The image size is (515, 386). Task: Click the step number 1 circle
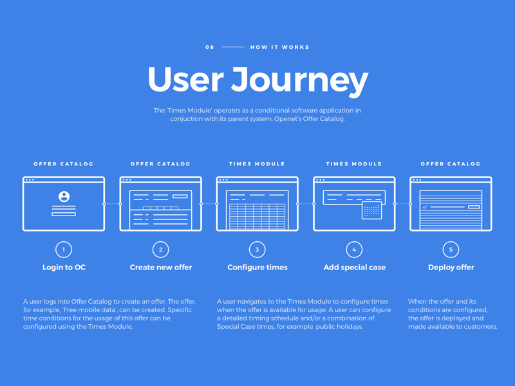[64, 250]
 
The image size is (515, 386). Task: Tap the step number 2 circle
[160, 250]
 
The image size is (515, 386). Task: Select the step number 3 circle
[257, 250]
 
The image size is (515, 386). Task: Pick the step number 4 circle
[354, 250]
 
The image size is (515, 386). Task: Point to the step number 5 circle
[451, 250]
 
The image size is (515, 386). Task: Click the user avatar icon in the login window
[64, 197]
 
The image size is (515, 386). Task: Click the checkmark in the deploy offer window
[425, 207]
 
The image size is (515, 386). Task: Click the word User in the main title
[185, 79]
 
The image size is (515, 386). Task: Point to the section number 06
[210, 47]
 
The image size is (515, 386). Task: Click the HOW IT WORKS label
[279, 47]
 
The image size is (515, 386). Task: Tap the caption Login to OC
[64, 267]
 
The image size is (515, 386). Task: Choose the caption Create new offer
[161, 267]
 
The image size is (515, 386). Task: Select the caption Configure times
[257, 267]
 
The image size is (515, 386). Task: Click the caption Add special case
[355, 267]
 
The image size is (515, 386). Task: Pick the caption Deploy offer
[451, 267]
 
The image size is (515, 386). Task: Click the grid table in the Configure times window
[257, 216]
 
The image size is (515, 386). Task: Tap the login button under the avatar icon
[64, 214]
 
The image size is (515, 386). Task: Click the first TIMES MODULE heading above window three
[257, 164]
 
